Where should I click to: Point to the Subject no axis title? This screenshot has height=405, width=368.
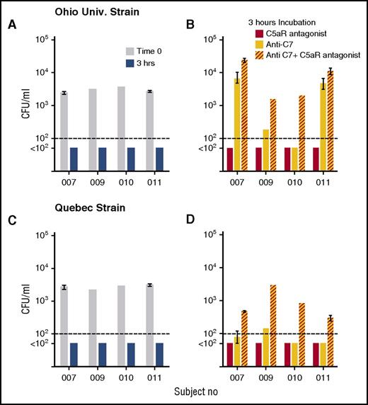[192, 391]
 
